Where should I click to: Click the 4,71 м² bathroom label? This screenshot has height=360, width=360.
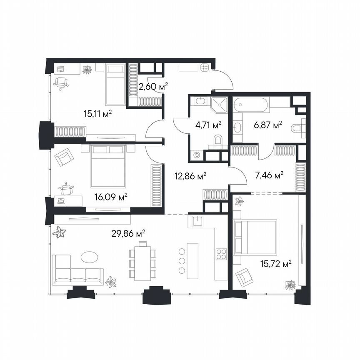208,124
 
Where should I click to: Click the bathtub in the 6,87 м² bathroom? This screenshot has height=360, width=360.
250,105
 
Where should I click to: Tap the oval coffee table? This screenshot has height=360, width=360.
90,257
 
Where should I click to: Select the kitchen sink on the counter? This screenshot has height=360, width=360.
197,220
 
